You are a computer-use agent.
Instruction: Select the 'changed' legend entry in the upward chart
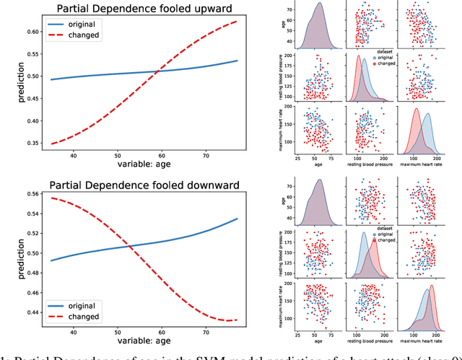pos(77,35)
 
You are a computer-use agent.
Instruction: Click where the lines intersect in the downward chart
pos(131,248)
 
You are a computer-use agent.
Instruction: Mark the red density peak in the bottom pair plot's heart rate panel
pos(432,286)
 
